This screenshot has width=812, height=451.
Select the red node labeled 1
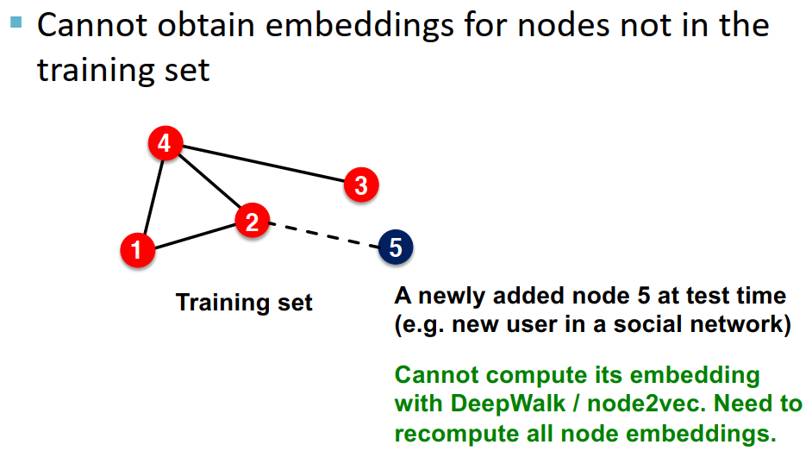pos(136,250)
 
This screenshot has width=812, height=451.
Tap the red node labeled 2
pos(251,222)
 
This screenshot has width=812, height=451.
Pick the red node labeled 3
pos(360,185)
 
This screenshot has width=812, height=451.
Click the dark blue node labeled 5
pos(396,247)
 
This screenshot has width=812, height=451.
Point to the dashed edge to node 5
pos(323,235)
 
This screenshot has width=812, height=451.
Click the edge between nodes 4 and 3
pos(263,164)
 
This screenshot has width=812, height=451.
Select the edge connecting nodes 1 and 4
pos(151,197)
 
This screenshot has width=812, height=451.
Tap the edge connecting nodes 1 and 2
pos(194,236)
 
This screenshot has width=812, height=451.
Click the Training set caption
pos(244,303)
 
